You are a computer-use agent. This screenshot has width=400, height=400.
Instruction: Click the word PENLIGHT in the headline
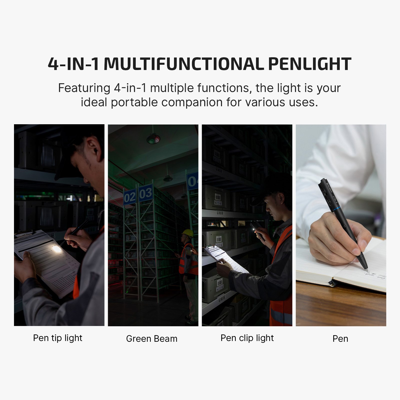(310, 64)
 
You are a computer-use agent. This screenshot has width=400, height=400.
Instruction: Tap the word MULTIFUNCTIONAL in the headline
(184, 64)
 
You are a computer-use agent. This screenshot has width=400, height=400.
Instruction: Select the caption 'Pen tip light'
(57, 338)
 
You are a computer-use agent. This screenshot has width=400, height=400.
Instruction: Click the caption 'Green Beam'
(152, 339)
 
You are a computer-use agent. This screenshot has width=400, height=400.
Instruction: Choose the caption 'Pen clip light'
(247, 338)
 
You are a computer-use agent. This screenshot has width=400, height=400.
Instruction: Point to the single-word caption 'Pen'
(340, 339)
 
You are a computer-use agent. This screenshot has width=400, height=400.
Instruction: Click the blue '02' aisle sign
(129, 197)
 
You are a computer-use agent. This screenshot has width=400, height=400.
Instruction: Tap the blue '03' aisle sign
(145, 193)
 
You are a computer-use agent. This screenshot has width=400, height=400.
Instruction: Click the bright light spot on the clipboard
(57, 249)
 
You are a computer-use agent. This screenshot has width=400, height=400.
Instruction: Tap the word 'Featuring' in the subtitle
(84, 88)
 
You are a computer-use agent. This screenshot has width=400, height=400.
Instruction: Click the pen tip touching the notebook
(367, 269)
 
